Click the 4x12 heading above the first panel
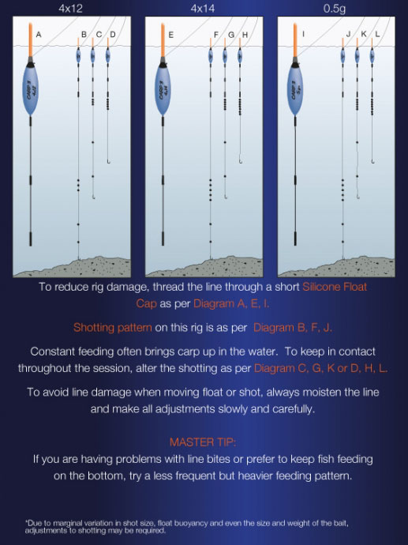70,7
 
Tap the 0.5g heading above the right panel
335,7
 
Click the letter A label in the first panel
39,34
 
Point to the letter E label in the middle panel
171,34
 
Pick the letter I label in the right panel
304,34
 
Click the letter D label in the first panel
113,34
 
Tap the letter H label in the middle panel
245,34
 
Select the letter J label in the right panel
348,34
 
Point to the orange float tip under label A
31,43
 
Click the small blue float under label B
78,57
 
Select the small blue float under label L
372,56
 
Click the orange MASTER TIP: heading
204,442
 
